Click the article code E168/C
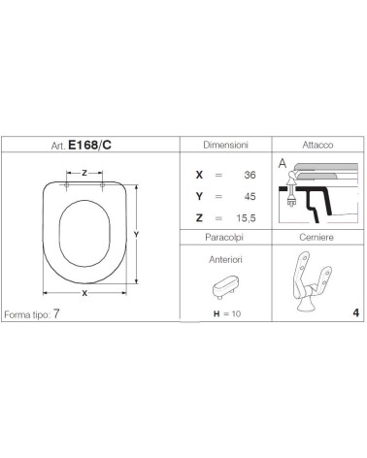tap(89, 146)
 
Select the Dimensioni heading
tap(225, 145)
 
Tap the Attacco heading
tap(317, 145)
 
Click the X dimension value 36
tap(250, 175)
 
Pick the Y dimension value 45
tap(250, 196)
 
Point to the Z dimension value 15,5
tap(246, 218)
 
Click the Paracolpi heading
tap(224, 238)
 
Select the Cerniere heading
tap(317, 238)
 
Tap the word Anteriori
tap(225, 259)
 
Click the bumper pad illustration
tap(224, 286)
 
